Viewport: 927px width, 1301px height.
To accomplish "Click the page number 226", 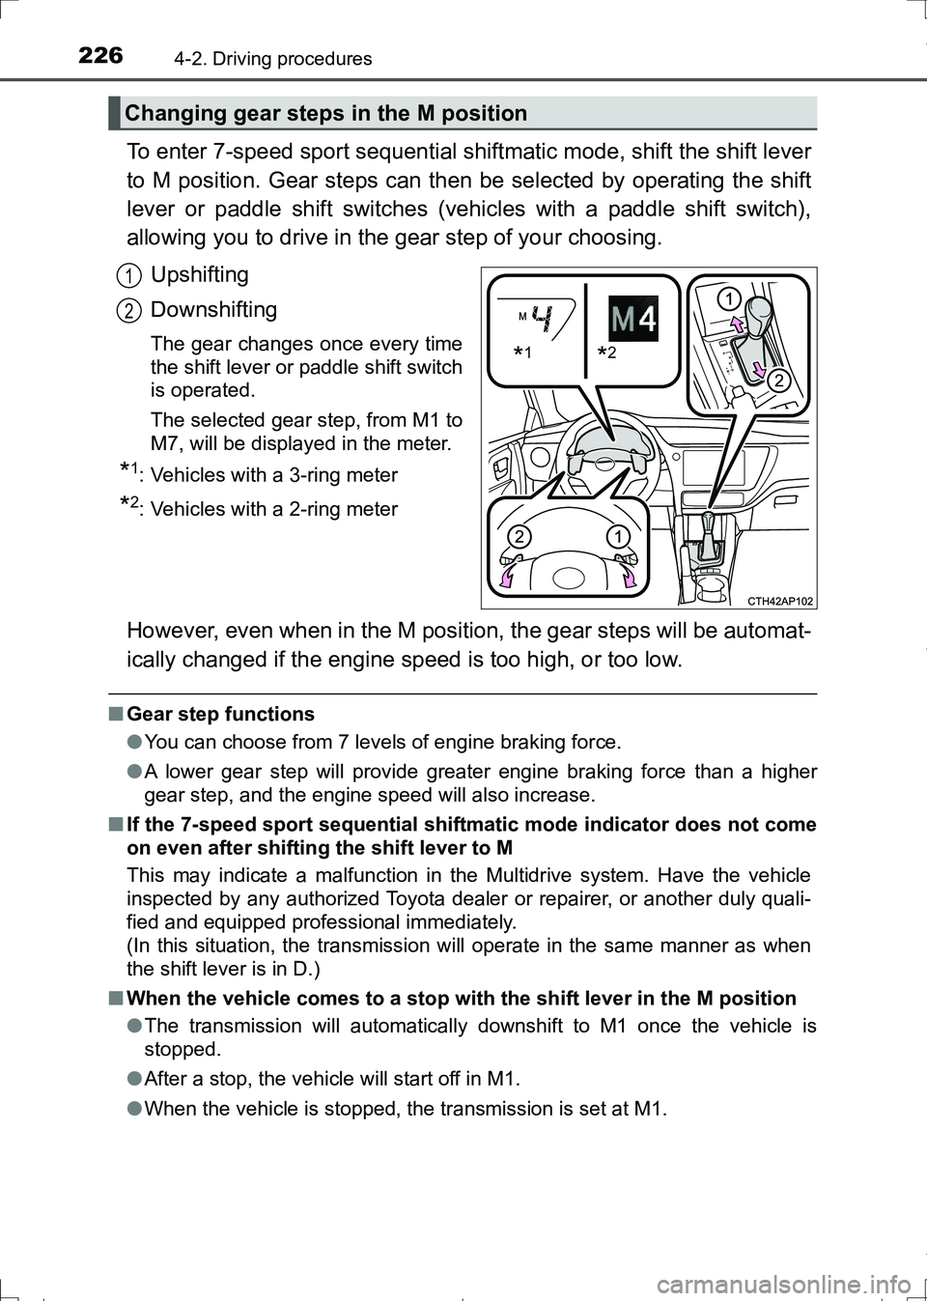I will coord(100,56).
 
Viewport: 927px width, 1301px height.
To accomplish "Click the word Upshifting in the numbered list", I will coord(200,275).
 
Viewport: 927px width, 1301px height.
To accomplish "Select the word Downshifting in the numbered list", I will coord(213,310).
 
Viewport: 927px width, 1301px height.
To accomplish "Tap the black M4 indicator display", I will coord(633,319).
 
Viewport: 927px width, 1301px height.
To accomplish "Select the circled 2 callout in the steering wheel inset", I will coord(519,537).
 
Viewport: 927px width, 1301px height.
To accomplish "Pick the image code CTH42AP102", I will coord(780,601).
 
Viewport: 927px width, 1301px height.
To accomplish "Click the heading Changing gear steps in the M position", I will coord(326,114).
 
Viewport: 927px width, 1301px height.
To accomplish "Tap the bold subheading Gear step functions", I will coord(221,715).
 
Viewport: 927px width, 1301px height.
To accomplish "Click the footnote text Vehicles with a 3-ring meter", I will coord(274,475).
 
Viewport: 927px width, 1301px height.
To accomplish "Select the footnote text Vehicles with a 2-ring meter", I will coord(274,509).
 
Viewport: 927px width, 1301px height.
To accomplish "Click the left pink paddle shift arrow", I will coord(507,577).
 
